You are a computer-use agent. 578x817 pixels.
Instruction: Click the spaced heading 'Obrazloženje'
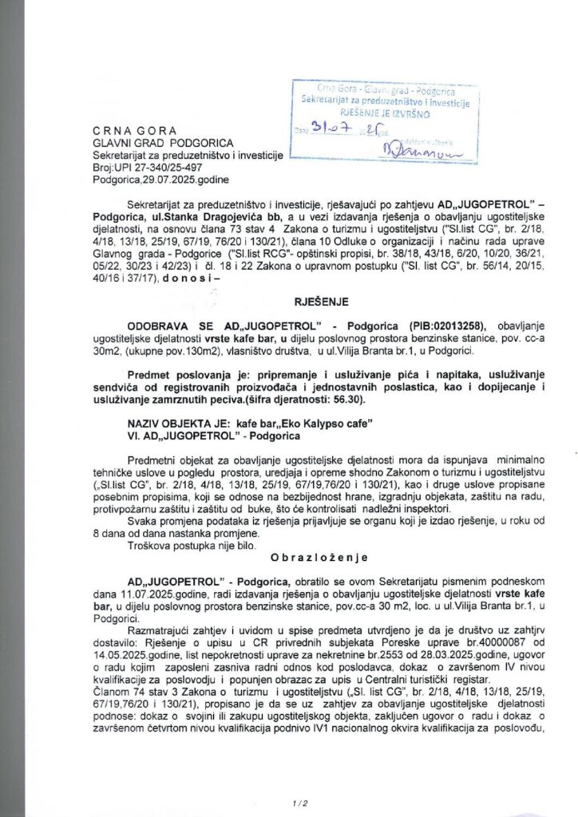[311, 554]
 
